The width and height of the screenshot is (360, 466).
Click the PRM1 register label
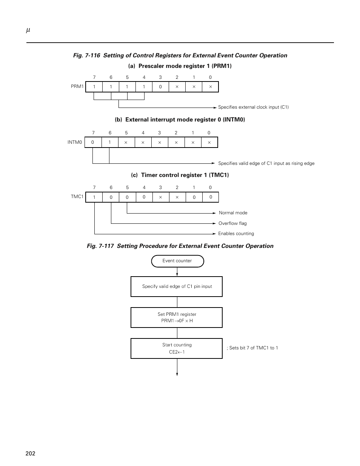77,86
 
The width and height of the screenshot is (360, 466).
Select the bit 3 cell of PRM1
160,87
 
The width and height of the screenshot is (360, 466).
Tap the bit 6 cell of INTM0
110,142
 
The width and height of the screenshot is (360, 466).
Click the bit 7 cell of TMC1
94,197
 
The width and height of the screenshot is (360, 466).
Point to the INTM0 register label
75,142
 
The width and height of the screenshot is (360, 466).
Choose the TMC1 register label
77,197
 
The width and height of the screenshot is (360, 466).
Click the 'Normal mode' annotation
233,213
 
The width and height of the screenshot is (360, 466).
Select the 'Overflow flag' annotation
232,223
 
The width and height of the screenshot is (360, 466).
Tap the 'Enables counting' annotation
236,234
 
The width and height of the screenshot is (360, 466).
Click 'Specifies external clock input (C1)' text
253,107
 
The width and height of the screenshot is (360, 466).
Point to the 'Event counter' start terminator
177,261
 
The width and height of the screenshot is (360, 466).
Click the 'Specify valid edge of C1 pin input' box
177,286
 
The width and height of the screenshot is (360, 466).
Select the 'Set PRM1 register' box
177,317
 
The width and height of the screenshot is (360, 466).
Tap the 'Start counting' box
177,348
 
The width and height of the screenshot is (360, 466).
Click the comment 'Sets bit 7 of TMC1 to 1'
252,348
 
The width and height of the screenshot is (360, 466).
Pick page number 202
30,453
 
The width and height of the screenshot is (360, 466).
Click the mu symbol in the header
28,30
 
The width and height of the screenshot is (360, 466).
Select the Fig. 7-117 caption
180,246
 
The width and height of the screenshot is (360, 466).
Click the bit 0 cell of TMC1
211,197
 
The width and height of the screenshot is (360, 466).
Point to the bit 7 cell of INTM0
93,142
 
